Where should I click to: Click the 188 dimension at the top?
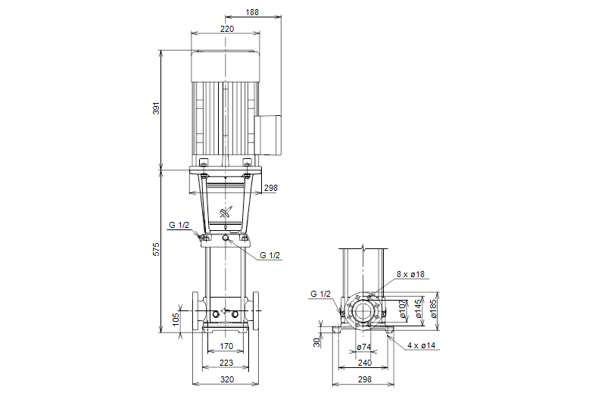(253, 12)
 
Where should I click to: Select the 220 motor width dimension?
(226, 29)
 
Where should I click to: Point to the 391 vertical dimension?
(157, 109)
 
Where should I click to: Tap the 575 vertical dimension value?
(157, 250)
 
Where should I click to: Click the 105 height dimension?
(176, 318)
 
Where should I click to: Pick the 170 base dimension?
(226, 347)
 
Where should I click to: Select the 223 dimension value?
(226, 363)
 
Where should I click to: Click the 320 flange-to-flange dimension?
(226, 379)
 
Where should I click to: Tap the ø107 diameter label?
(403, 309)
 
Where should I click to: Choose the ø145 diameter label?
(419, 309)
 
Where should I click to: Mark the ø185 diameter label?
(434, 309)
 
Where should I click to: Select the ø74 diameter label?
(363, 348)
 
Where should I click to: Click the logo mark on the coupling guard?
(226, 214)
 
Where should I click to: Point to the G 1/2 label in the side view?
(320, 293)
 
